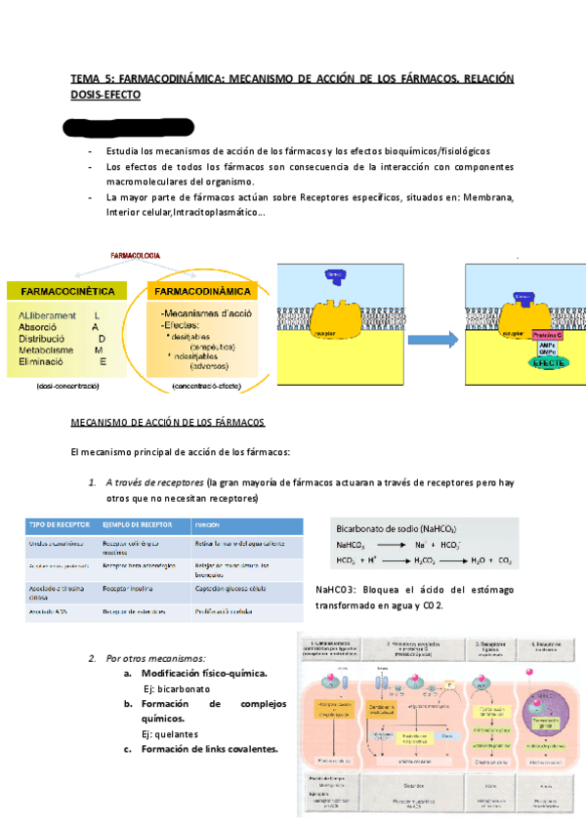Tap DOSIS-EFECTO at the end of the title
coord(106,95)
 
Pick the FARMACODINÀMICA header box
coord(203,291)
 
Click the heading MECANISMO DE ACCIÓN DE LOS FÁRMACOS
coord(160,422)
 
